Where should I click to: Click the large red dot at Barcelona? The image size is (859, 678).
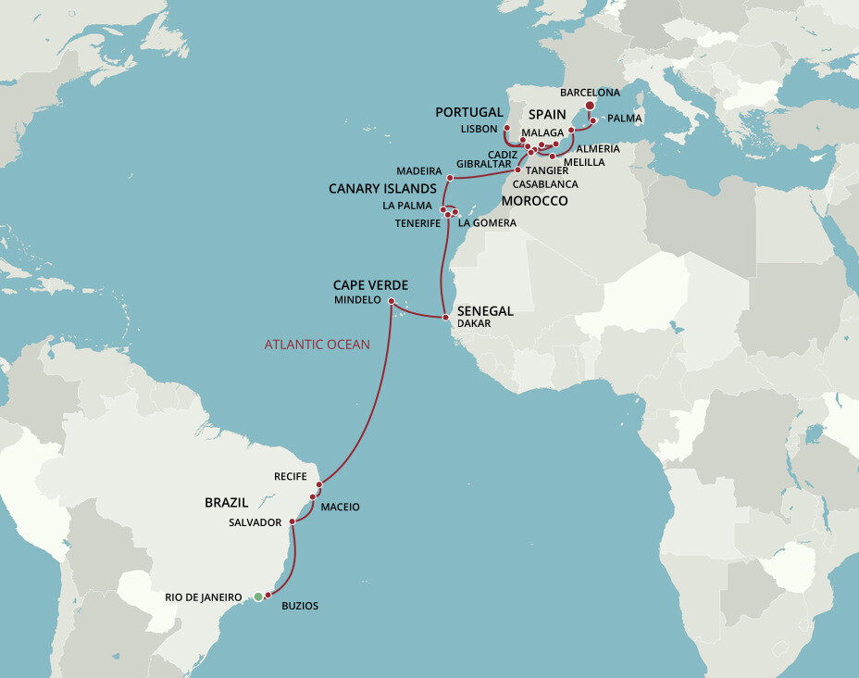coord(591,106)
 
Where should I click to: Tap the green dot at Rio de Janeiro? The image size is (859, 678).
coord(258,597)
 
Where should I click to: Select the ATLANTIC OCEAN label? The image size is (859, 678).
coord(317,345)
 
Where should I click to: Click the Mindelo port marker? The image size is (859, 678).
coord(392,301)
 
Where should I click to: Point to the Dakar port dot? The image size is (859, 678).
coord(446,317)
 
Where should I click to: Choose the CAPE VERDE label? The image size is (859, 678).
coord(370,285)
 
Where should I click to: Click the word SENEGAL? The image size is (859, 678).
coord(485,311)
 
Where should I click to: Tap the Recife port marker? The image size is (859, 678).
coord(319,483)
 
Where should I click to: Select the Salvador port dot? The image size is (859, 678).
coord(292,522)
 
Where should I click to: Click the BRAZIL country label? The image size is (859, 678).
coord(226,502)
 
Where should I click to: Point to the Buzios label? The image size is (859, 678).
coord(300,606)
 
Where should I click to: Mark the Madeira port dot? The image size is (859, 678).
coord(450,177)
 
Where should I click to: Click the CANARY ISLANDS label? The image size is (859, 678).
coord(382,189)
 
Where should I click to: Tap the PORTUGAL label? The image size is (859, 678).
coord(469,112)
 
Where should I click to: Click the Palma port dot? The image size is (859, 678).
coord(593,120)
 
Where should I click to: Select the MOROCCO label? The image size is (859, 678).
coord(534,201)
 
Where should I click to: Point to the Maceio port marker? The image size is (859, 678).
coord(313,497)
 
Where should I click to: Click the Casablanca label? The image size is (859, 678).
coord(546,184)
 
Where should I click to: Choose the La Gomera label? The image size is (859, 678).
coord(487,223)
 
